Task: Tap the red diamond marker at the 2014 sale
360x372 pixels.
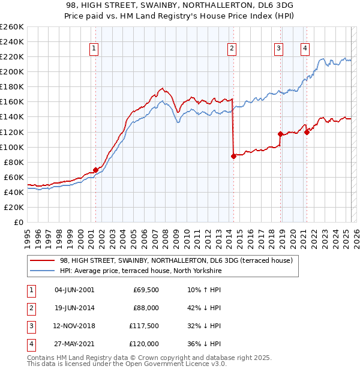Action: click(233, 156)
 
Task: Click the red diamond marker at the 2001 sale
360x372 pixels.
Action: click(95, 170)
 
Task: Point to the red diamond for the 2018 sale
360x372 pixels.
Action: click(280, 134)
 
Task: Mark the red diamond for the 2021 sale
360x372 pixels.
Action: click(307, 132)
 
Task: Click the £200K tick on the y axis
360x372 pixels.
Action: click(12, 71)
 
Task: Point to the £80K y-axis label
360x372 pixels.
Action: click(14, 162)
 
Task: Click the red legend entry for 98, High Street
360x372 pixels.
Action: click(175, 260)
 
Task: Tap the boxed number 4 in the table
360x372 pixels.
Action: click(29, 344)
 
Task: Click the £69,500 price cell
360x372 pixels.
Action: click(145, 290)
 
